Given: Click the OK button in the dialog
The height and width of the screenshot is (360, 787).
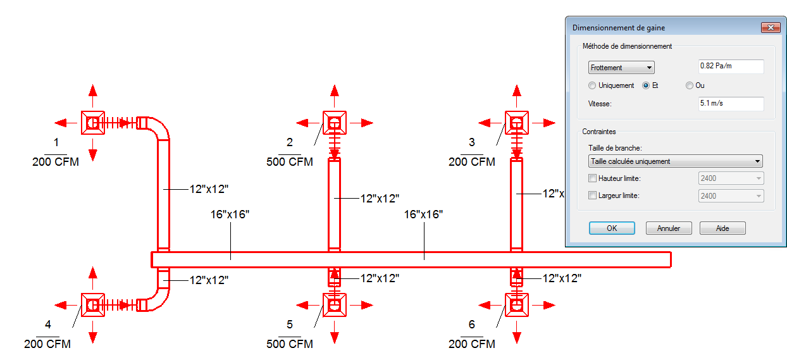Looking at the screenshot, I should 611,228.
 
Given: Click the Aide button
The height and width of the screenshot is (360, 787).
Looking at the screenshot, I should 722,228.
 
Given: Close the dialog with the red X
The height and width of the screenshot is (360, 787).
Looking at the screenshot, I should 770,28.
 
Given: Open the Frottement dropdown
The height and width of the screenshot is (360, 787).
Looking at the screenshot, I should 621,68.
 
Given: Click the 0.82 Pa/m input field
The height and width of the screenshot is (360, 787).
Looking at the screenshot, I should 731,66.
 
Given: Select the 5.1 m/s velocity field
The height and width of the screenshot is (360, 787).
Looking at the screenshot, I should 731,103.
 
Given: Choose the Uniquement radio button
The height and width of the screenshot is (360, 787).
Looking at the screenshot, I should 592,85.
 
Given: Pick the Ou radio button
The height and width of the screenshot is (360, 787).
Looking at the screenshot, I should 690,85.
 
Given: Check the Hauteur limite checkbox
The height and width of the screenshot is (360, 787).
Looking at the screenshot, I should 592,178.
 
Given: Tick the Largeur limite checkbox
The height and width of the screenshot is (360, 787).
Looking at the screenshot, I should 592,196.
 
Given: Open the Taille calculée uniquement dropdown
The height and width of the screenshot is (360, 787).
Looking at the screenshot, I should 675,161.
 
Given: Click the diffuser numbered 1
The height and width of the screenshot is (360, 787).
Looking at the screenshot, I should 93,123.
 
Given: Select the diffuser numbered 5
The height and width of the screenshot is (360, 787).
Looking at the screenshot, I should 334,305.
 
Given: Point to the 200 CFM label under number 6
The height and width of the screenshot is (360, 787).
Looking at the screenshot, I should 472,344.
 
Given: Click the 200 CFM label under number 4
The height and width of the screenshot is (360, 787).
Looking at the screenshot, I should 47,344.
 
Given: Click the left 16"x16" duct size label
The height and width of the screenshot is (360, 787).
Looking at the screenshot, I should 230,214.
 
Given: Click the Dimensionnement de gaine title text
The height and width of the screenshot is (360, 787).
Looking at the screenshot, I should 618,28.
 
